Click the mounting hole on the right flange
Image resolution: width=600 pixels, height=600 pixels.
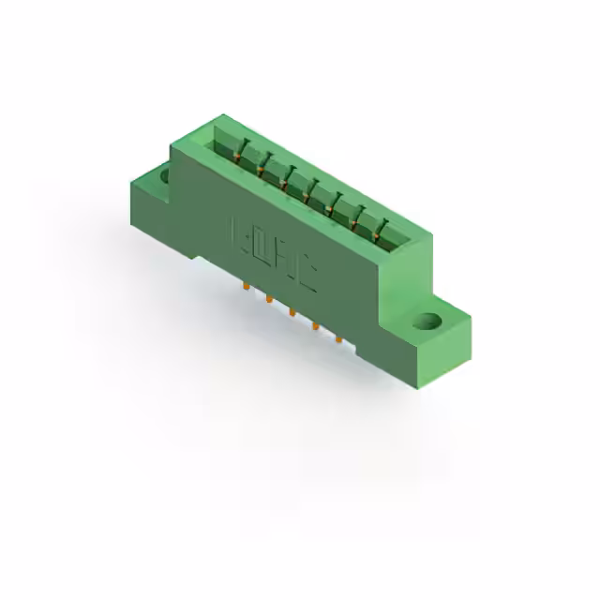click(x=428, y=322)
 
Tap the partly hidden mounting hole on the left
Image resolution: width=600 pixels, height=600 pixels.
click(x=165, y=173)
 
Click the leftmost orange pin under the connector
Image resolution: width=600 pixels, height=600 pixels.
click(x=246, y=286)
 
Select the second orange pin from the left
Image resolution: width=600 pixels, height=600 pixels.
click(x=268, y=299)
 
